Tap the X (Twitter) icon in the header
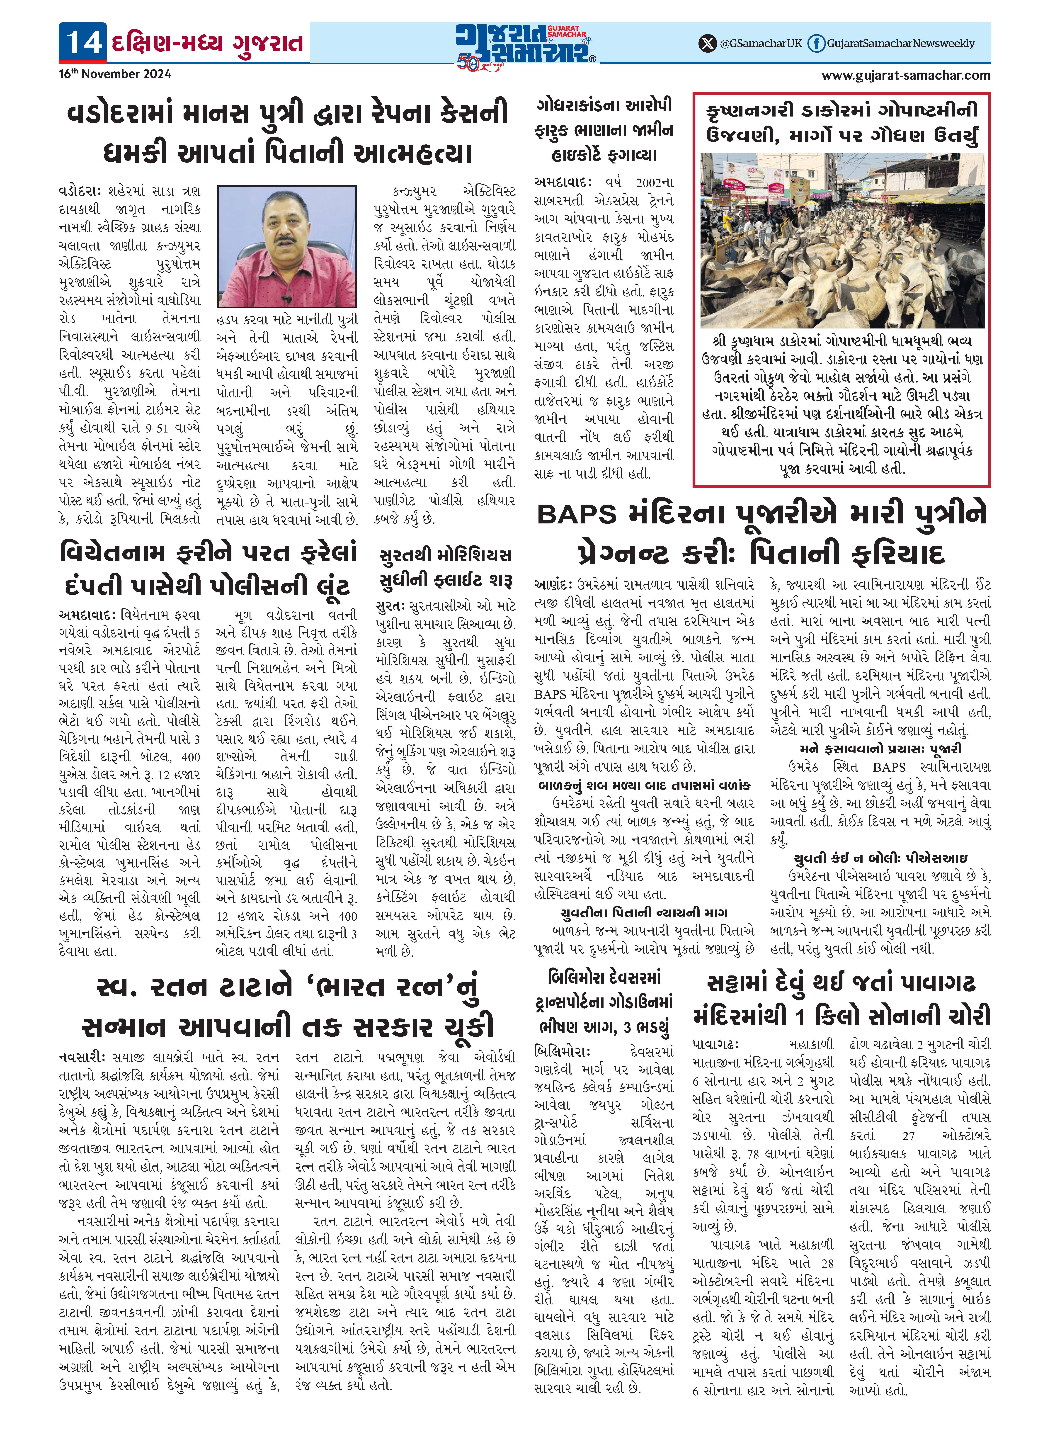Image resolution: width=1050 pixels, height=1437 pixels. (x=707, y=43)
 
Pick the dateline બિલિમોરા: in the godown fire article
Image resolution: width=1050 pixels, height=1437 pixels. (x=562, y=1052)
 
